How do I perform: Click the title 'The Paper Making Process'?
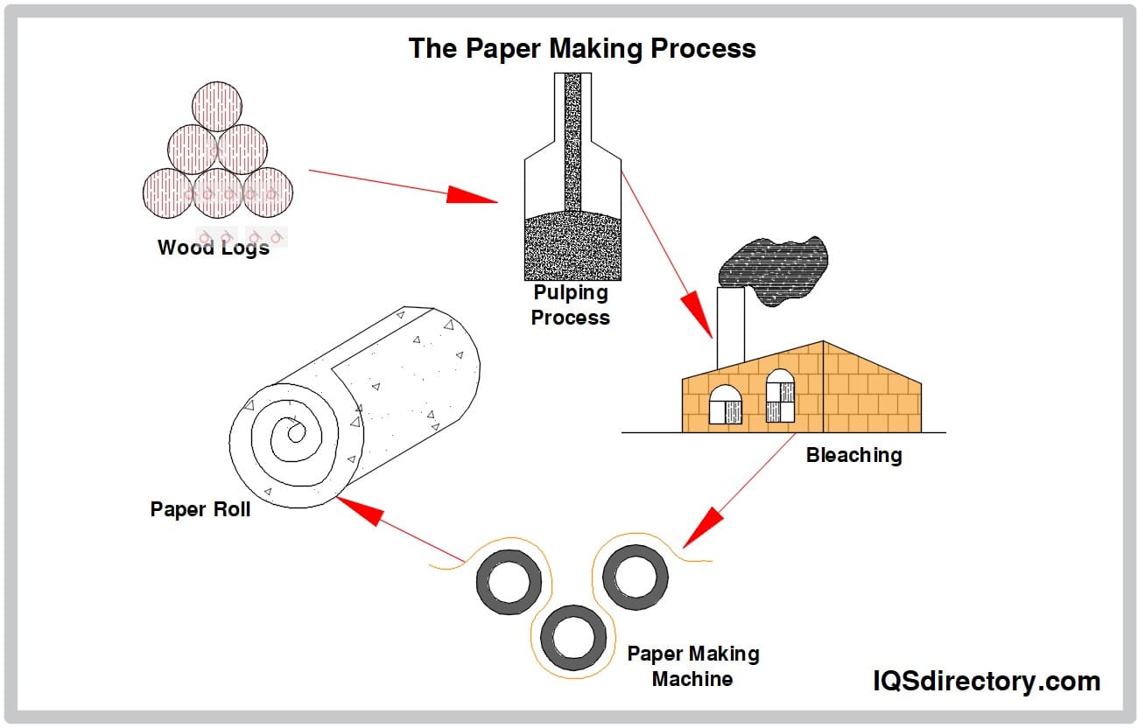[x=582, y=48]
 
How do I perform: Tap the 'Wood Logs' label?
[x=213, y=248]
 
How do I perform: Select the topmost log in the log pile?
[x=216, y=106]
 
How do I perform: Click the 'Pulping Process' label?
[x=571, y=305]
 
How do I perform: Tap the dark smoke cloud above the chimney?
[x=771, y=271]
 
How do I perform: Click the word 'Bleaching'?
[x=853, y=456]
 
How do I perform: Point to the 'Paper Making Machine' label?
[x=692, y=666]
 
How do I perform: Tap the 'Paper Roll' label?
[x=200, y=509]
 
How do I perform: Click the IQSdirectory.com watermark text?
[x=987, y=681]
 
